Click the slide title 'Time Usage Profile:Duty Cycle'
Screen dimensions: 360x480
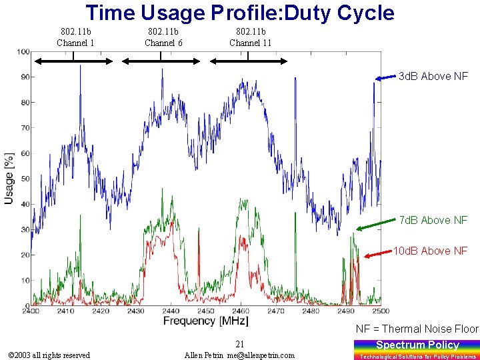click(240, 13)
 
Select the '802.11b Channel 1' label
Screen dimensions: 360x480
click(75, 37)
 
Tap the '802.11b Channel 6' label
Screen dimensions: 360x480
click(163, 37)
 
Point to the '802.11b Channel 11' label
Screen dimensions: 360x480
click(250, 37)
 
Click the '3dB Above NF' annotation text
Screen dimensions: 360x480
click(433, 77)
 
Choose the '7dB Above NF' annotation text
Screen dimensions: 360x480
click(433, 221)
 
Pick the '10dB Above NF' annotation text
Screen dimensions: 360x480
click(431, 251)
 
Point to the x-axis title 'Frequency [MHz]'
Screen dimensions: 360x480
click(206, 321)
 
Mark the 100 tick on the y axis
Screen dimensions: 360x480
click(23, 52)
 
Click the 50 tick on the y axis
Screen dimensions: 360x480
click(23, 179)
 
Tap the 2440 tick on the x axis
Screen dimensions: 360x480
click(170, 311)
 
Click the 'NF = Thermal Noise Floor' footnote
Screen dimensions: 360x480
click(417, 329)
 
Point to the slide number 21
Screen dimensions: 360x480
click(239, 344)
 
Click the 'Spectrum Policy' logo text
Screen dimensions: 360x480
click(417, 345)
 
